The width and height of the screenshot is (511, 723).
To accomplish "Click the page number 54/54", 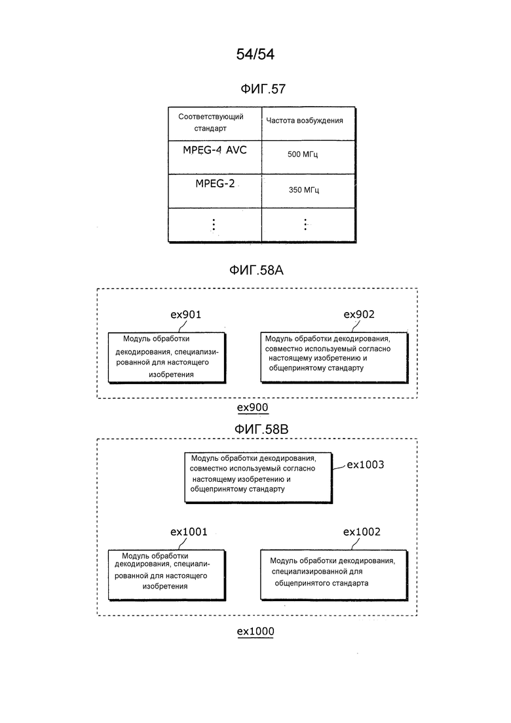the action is tap(255, 54).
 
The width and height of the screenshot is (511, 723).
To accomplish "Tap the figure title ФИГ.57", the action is tap(263, 89).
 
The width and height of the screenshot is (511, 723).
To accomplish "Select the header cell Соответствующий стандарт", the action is tap(215, 124).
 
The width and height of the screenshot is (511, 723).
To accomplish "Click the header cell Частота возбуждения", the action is tap(309, 124).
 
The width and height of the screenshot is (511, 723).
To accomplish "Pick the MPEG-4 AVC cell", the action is tap(215, 157).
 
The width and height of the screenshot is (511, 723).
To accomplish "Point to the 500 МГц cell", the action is tap(309, 157).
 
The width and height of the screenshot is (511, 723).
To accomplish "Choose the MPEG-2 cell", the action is tap(215, 191).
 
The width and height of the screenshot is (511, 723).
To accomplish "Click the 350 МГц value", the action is tap(303, 189).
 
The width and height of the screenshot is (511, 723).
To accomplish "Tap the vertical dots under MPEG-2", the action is tap(214, 225).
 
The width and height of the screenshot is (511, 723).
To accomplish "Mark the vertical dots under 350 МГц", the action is tap(305, 225).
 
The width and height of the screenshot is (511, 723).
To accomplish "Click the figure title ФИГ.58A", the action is tap(256, 270).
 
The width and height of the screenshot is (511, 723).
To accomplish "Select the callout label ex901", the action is tap(185, 315).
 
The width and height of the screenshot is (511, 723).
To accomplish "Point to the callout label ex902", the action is tap(359, 315).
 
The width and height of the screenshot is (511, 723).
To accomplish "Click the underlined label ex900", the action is tap(252, 408).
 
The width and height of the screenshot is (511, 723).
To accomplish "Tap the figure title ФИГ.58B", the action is tap(261, 429).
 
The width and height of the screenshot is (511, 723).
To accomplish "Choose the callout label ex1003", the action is tap(366, 464).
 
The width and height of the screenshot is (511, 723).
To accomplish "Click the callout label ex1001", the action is tap(189, 532).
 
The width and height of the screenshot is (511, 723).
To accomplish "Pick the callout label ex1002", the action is tap(362, 532).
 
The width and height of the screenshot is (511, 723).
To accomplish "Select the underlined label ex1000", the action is tap(255, 632).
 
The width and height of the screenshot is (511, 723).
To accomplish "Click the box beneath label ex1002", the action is tap(334, 575).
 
